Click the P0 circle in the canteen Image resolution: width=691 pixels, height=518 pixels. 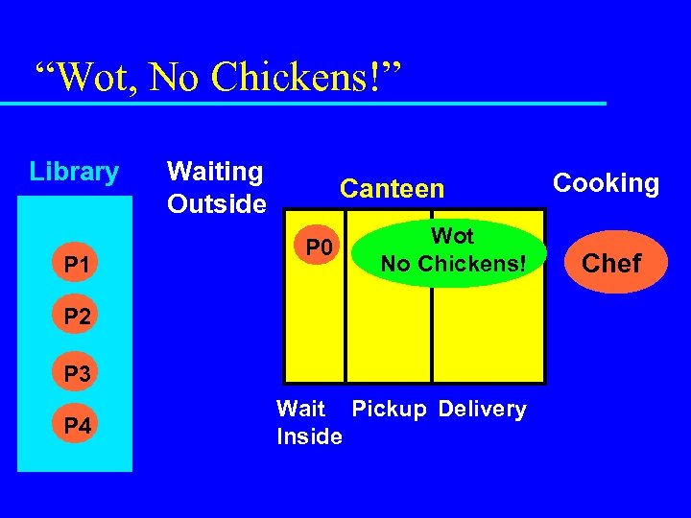[319, 249]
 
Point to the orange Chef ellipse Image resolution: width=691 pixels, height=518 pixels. [611, 262]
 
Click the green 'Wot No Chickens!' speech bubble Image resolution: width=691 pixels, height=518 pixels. [451, 249]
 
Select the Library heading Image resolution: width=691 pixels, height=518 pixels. [74, 173]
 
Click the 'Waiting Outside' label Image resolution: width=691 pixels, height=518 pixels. [216, 188]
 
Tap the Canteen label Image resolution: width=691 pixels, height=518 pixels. [393, 189]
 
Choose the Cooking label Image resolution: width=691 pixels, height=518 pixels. [606, 183]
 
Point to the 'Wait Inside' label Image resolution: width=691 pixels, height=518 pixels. [309, 423]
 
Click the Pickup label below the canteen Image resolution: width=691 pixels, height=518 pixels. [389, 410]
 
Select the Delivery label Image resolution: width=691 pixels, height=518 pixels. [482, 410]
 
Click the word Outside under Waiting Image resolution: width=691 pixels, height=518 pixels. [216, 204]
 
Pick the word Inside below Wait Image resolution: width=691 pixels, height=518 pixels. [309, 437]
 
